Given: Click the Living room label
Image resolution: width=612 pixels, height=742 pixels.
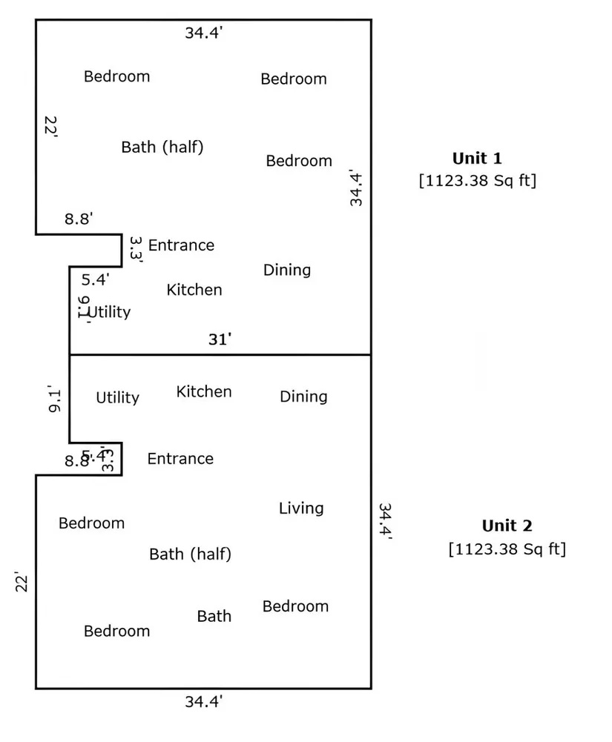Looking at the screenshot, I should click(x=301, y=509).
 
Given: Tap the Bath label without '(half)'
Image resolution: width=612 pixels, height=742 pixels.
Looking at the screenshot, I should click(x=214, y=616).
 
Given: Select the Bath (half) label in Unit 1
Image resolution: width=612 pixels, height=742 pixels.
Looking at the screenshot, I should click(x=162, y=147).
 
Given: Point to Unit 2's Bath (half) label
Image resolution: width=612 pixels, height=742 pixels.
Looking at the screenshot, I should click(x=190, y=554).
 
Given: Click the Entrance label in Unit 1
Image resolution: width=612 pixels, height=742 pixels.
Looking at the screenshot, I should click(x=181, y=245).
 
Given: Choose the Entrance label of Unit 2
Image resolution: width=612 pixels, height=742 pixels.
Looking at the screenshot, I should click(x=180, y=459).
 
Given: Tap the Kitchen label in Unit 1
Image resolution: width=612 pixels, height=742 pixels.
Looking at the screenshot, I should click(x=194, y=290).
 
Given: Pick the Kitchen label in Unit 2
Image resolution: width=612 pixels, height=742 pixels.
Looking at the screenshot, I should click(x=203, y=391).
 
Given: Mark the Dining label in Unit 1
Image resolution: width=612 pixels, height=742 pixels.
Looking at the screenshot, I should click(x=286, y=270).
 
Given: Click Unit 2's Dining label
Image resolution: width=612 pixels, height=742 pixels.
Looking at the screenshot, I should click(x=303, y=397).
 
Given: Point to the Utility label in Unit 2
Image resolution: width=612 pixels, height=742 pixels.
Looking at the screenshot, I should click(x=117, y=398).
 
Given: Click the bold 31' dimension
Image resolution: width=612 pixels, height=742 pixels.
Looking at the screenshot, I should click(x=220, y=339).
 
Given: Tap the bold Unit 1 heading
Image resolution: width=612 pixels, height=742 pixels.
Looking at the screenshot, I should click(x=477, y=158).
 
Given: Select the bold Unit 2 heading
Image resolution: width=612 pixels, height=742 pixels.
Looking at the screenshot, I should click(x=507, y=526).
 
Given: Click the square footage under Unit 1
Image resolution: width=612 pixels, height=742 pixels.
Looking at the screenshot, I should click(x=477, y=181).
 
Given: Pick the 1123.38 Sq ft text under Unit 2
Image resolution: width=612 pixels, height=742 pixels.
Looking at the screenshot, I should click(x=507, y=549).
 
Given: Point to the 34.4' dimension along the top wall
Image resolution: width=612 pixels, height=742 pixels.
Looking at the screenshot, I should click(x=203, y=33).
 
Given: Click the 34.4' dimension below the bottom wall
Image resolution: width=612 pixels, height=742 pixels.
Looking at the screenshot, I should click(x=203, y=701).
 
